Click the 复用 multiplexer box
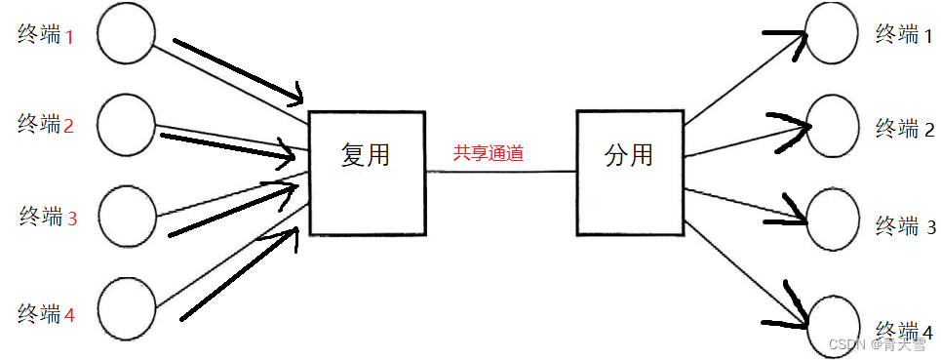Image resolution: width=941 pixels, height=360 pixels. [367, 173]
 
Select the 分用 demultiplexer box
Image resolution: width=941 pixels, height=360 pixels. [629, 173]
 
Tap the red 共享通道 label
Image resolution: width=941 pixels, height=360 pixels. [489, 153]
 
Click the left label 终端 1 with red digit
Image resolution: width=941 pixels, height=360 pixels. [46, 35]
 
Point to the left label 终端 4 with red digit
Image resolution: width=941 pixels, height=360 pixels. [46, 314]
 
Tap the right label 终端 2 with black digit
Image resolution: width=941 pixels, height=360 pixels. [906, 128]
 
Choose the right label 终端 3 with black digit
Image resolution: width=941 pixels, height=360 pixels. [906, 226]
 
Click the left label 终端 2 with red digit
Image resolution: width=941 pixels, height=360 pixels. [46, 124]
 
